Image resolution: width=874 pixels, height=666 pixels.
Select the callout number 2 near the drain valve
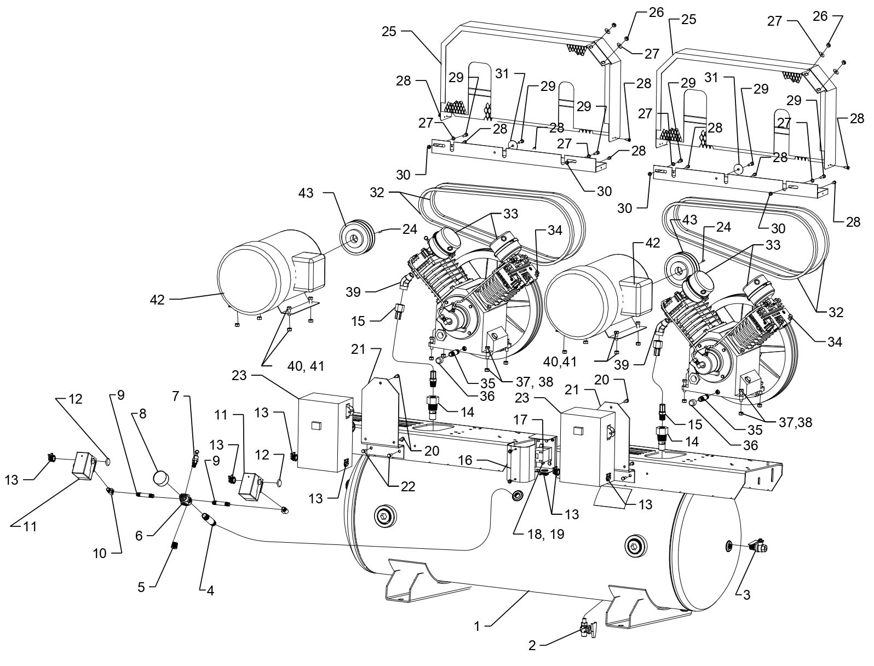(x=532, y=646)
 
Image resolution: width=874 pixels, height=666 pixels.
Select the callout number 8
(x=143, y=415)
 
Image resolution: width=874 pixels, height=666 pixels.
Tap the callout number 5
(x=141, y=587)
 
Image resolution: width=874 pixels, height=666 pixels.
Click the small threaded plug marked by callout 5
(x=176, y=545)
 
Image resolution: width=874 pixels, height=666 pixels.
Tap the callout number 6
(x=139, y=536)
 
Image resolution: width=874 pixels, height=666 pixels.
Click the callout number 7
(x=175, y=397)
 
